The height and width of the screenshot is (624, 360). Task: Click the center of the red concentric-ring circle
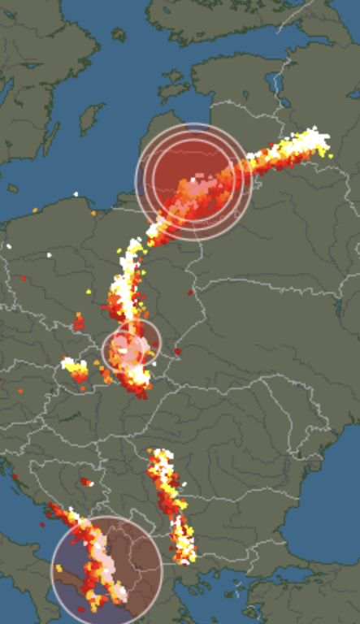coord(193,180)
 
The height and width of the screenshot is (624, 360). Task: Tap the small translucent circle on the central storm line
coord(131,347)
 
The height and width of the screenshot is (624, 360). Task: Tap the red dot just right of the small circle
coord(177,352)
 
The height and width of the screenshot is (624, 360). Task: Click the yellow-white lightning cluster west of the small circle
coord(76,369)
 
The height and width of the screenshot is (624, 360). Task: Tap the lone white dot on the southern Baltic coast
coord(76,194)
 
